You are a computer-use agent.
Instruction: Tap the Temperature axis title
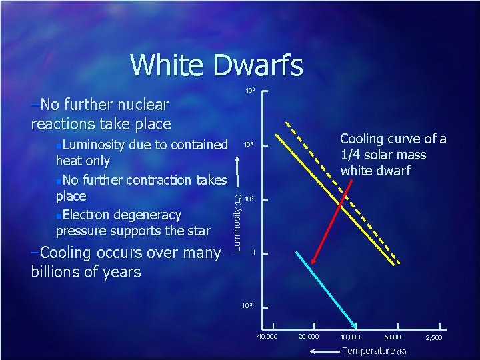369,351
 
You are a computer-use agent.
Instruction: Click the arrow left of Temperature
324,351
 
